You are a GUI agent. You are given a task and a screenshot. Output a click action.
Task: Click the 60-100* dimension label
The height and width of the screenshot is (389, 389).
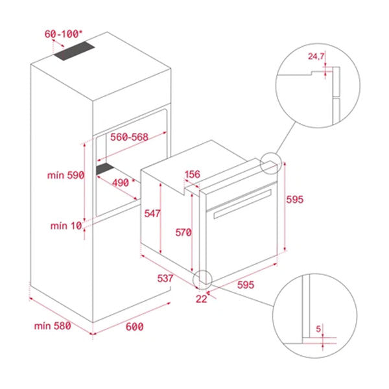point(63,32)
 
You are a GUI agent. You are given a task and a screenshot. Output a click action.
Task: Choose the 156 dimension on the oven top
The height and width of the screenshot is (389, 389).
point(192,174)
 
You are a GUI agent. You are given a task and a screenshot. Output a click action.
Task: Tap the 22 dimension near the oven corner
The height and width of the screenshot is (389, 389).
point(202,299)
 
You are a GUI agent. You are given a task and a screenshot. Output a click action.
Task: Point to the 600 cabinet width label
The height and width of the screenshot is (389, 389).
point(134,327)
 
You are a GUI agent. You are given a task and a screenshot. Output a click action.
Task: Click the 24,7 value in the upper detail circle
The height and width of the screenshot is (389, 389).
point(316,57)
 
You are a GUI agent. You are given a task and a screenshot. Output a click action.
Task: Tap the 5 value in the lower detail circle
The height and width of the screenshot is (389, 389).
point(318,329)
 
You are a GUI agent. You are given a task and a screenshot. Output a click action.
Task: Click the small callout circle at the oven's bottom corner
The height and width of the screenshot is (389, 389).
point(203,279)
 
